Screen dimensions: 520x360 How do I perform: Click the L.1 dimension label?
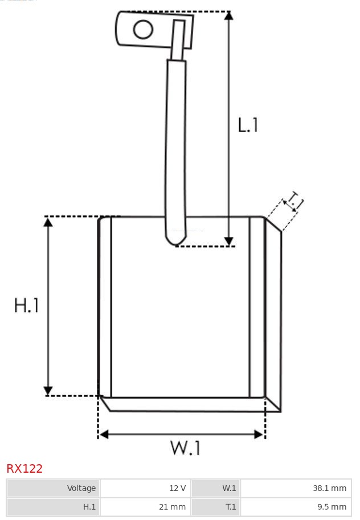248,125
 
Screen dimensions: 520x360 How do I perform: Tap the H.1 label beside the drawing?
27,305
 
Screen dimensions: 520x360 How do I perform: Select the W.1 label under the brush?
185,448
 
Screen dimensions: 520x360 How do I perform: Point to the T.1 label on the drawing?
294,202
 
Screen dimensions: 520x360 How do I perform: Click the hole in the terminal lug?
143,30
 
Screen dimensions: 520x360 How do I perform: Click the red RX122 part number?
24,469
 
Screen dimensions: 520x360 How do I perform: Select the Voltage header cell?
54,488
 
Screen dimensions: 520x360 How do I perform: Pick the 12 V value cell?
145,488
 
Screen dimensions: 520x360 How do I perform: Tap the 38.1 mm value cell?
296,488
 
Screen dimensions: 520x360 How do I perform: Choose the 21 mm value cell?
145,506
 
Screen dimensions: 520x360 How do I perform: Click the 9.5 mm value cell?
296,506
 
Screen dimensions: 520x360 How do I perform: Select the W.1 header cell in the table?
215,488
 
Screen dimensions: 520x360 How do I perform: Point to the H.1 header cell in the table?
54,506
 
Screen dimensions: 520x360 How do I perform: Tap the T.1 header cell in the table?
215,506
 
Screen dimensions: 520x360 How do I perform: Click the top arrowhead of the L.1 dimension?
229,15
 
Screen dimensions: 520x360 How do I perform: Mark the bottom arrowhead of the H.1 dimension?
48,391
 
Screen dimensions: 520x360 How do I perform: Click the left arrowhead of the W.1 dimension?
103,435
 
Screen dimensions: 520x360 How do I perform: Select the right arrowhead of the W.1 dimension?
259,435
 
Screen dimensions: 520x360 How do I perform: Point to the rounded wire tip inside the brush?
176,239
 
